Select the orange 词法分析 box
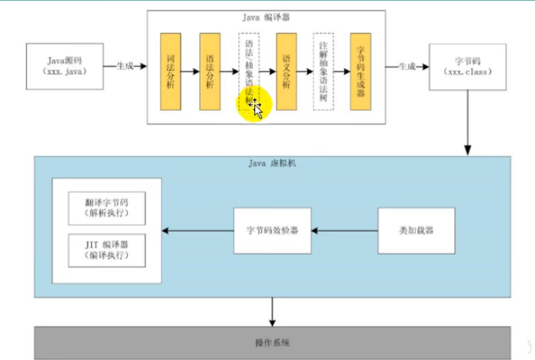pos(171,71)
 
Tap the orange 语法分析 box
pos(210,71)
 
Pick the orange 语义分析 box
pos(286,71)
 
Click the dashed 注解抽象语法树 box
pos(323,71)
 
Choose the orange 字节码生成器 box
pos(361,71)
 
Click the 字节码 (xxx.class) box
pos(467,67)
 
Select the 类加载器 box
pos(416,231)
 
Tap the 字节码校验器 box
pos(273,231)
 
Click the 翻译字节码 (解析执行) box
pos(108,207)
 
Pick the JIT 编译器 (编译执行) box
pos(108,249)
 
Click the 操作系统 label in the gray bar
pos(273,343)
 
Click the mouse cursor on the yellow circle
pos(256,109)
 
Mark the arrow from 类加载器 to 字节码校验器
pos(345,231)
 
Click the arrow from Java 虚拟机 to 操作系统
pos(273,311)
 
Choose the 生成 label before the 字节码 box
pos(406,66)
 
